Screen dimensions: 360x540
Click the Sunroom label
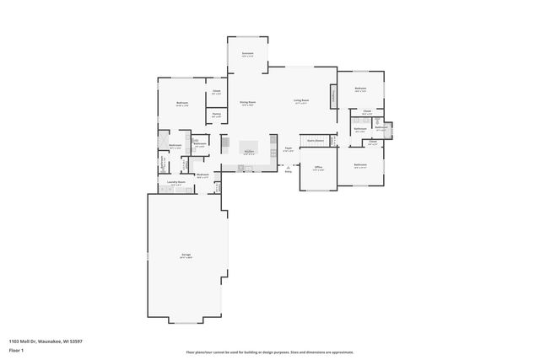point(247,53)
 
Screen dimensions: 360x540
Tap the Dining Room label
point(247,102)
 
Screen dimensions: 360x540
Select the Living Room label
point(301,101)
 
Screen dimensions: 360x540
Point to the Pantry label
point(217,114)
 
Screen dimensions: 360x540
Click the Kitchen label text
point(249,152)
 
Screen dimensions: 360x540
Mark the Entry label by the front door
point(288,171)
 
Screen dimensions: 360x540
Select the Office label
point(319,167)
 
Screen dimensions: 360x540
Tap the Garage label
point(186,255)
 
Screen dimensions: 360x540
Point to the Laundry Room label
point(175,181)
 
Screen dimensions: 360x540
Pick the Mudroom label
point(202,175)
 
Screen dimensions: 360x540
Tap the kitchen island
point(249,145)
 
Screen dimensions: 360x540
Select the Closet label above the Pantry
point(217,91)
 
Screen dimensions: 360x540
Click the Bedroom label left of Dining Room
point(181,103)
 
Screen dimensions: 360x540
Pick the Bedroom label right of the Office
point(360,164)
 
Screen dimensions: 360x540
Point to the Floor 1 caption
point(16,349)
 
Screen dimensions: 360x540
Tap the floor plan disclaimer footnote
point(270,352)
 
